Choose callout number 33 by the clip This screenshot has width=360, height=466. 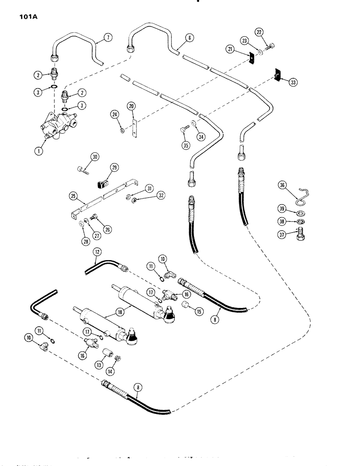click(292, 82)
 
